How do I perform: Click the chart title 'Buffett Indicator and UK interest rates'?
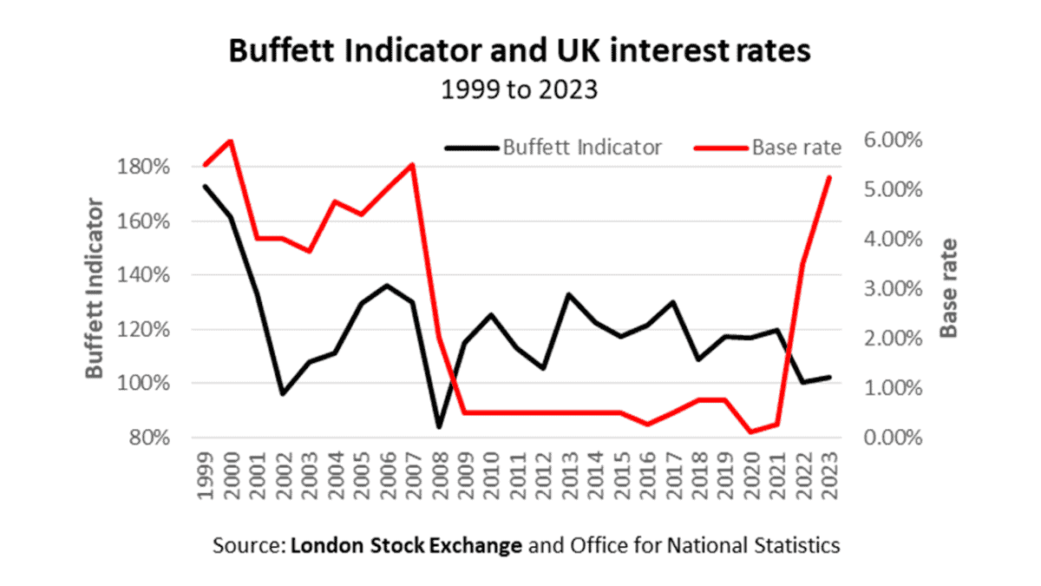tap(520, 51)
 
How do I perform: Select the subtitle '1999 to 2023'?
tap(520, 89)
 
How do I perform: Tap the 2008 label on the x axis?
tap(439, 476)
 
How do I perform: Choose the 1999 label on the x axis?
tap(206, 476)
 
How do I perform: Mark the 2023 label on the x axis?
tap(829, 476)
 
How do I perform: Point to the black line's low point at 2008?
tap(439, 427)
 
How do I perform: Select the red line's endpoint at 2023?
tap(829, 177)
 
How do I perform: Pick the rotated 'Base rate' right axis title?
tap(950, 287)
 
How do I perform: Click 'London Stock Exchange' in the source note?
tap(407, 546)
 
